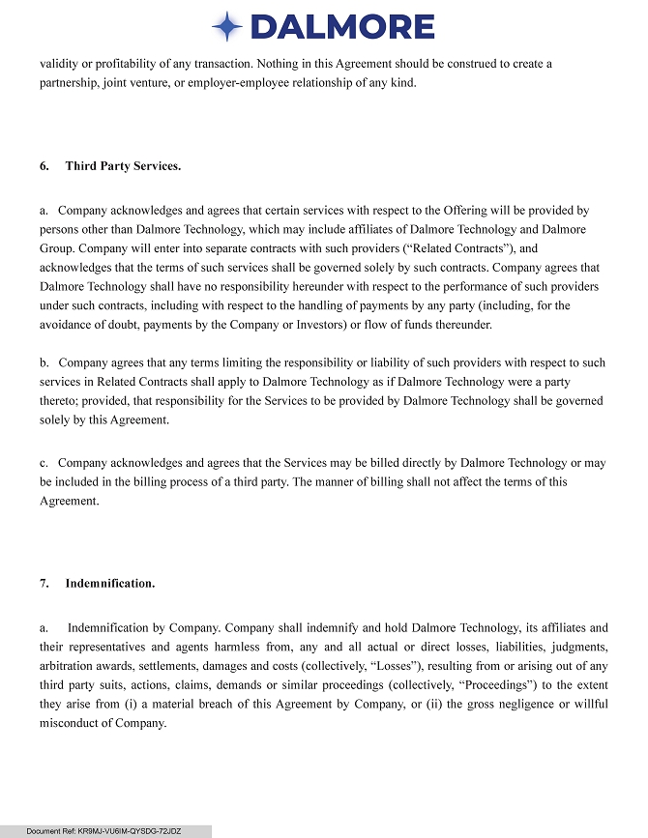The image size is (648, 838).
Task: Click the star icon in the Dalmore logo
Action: tap(227, 26)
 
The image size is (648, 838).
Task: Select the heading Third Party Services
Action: tap(123, 166)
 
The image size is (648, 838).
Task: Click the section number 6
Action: tap(44, 166)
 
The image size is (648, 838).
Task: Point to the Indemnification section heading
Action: tap(110, 584)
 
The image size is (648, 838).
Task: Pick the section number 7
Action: tap(44, 584)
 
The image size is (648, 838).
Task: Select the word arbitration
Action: tap(68, 665)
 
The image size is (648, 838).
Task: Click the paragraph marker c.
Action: tap(43, 463)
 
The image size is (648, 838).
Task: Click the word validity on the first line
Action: tap(58, 64)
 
